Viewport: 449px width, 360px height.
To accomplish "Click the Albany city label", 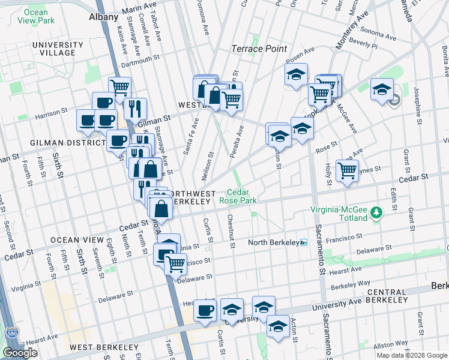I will pyautogui.click(x=103, y=17).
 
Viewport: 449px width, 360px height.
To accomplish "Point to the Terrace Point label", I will pyautogui.click(x=259, y=49).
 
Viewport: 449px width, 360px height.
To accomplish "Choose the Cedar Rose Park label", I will pyautogui.click(x=238, y=197).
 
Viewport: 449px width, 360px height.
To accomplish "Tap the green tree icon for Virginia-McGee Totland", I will pyautogui.click(x=376, y=212).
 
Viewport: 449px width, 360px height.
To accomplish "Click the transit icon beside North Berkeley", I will pyautogui.click(x=304, y=243).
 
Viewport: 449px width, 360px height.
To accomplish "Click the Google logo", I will pyautogui.click(x=20, y=353).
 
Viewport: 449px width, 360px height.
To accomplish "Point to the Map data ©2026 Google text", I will pyautogui.click(x=412, y=355).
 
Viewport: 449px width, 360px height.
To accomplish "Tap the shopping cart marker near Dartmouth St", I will pyautogui.click(x=120, y=88).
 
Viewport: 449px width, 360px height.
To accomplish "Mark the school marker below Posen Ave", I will pyautogui.click(x=296, y=75).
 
